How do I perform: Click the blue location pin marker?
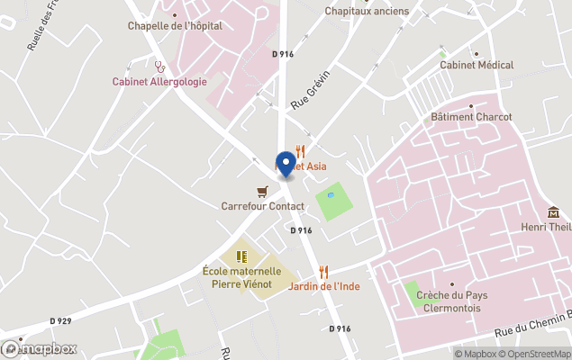pos(286,164)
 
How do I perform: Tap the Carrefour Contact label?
pos(262,206)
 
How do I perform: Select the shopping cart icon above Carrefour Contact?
pos(262,191)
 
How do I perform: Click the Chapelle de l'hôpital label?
pos(175,25)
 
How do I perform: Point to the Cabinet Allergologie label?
pos(159,81)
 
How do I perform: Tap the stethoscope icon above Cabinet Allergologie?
pos(159,66)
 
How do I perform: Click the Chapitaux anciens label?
pos(367,11)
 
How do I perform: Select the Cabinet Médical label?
pos(477,65)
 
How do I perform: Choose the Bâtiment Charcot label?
pos(471,117)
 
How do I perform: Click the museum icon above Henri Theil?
pos(553,212)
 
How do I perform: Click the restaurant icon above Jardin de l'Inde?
pos(323,271)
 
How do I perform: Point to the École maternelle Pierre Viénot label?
pos(241,276)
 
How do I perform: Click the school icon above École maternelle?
pos(241,256)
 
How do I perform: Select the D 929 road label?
pos(60,320)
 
